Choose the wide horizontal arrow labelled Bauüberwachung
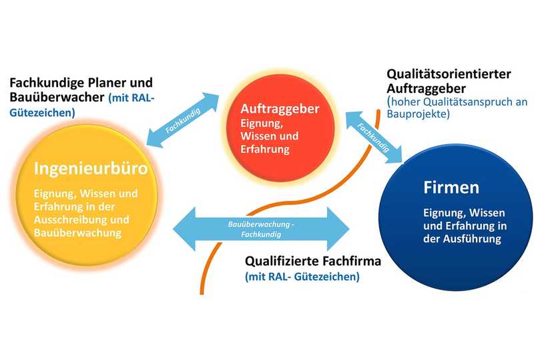[261, 229]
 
